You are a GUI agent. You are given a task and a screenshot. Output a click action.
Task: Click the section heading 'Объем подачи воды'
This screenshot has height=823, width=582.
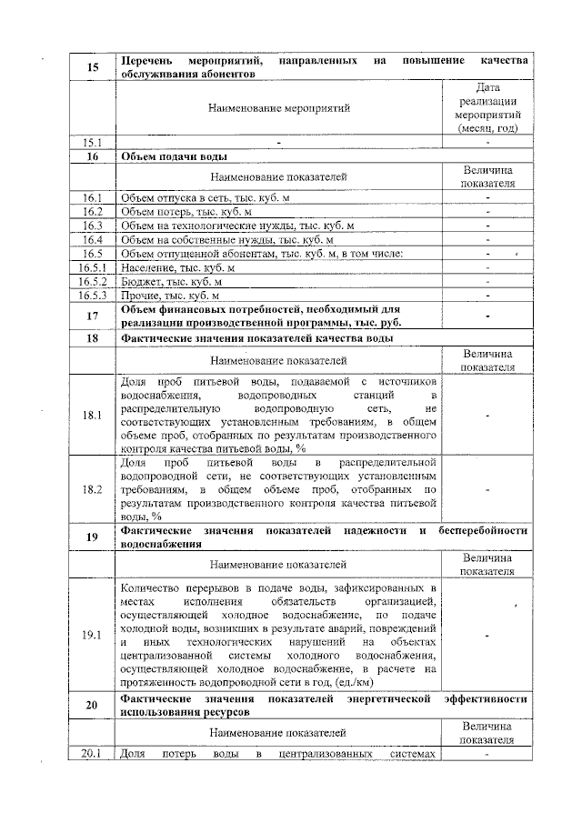[176, 156]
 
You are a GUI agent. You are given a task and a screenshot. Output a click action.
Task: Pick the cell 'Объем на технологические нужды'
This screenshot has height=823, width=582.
[236, 226]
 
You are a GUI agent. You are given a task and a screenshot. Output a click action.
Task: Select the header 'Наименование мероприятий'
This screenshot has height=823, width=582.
[278, 108]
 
